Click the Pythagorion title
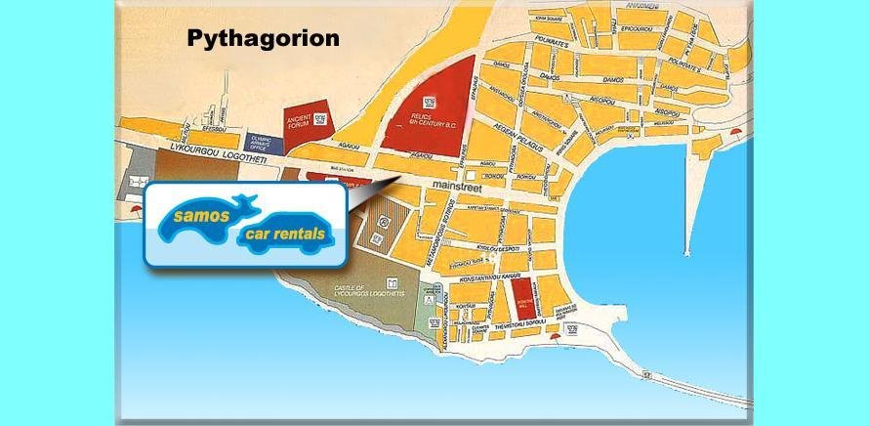(x=263, y=39)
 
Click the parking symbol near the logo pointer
(x=384, y=223)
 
